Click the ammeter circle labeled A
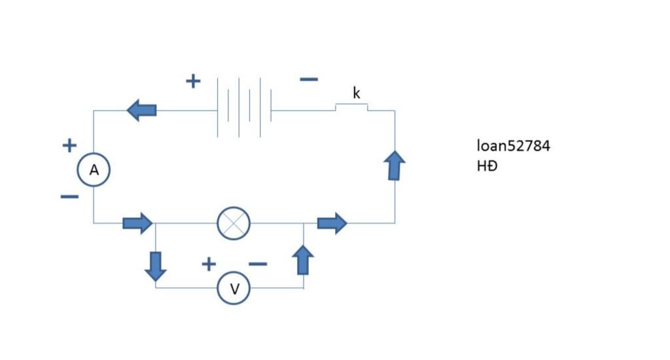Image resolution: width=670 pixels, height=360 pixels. [x=94, y=170]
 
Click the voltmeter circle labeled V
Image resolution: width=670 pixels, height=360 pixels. [x=234, y=288]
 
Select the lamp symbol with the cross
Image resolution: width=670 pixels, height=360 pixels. [x=234, y=223]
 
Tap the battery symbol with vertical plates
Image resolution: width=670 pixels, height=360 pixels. [x=243, y=108]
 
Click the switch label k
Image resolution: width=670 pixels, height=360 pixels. [x=356, y=93]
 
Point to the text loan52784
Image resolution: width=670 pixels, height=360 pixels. [x=514, y=146]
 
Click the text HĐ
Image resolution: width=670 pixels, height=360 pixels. [x=487, y=166]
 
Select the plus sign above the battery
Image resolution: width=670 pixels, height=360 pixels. [x=192, y=81]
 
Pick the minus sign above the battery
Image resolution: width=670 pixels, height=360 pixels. [x=309, y=80]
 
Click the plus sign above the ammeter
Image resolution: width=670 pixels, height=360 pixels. [x=69, y=145]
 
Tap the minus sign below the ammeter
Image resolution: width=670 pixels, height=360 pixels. [x=69, y=196]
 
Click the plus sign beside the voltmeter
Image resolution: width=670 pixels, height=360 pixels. [x=208, y=264]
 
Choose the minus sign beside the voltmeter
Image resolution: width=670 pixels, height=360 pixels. [x=258, y=264]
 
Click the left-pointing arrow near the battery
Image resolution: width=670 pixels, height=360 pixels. [x=141, y=109]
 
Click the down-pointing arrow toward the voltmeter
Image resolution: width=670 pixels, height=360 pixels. [x=156, y=266]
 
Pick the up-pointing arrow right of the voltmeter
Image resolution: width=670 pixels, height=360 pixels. [x=302, y=260]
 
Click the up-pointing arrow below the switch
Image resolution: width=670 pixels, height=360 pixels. [x=395, y=165]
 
